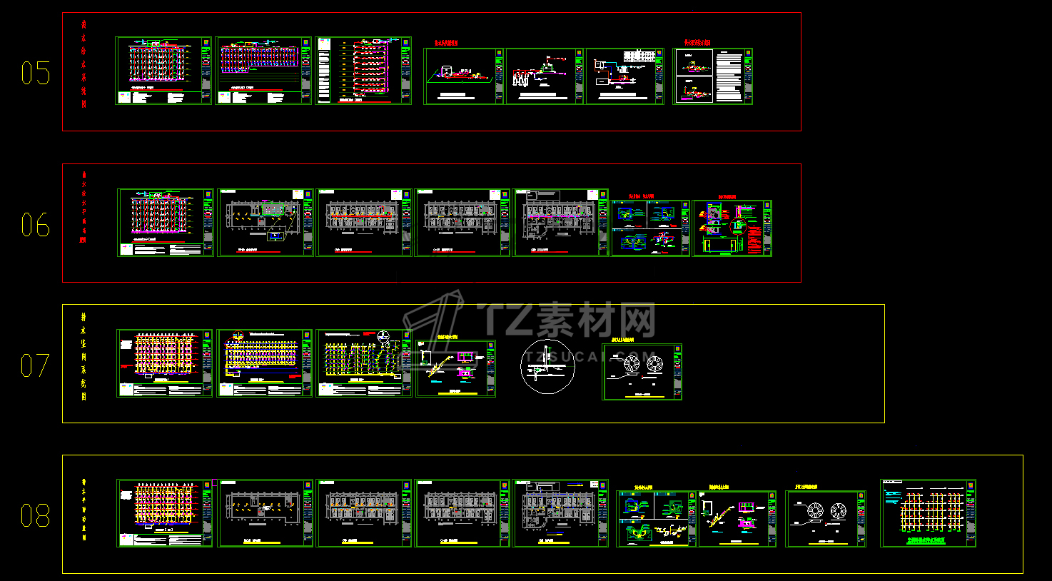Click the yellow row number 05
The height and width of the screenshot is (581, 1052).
(35, 73)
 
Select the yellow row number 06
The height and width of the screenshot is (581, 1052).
(35, 226)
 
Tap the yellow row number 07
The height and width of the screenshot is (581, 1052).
(35, 366)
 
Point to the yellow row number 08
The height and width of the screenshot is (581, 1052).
(35, 515)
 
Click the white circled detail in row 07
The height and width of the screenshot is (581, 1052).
(547, 367)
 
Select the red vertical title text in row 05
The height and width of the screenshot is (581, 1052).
(84, 64)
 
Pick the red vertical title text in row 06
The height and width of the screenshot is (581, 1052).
(84, 207)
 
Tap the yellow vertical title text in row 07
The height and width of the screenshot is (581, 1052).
(84, 356)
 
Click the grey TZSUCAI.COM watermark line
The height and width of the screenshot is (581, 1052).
(585, 355)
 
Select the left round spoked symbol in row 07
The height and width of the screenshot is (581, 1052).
(632, 364)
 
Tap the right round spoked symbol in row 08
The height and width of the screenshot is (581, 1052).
(839, 511)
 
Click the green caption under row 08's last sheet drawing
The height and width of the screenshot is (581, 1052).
(926, 541)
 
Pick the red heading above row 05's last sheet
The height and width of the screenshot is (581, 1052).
(697, 43)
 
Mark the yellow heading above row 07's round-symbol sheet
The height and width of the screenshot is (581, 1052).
(622, 340)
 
